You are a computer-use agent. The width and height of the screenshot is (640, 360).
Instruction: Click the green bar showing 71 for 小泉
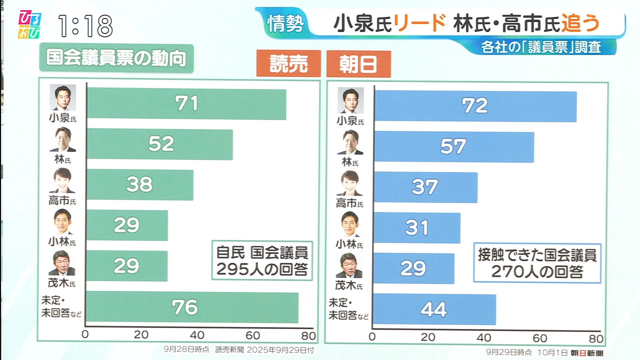pyautogui.click(x=186, y=104)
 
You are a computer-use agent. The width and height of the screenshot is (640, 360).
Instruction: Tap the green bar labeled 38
pyautogui.click(x=140, y=184)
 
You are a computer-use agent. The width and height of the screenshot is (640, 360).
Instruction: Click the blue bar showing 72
pyautogui.click(x=475, y=106)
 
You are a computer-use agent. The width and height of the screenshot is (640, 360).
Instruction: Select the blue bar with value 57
pyautogui.click(x=454, y=146)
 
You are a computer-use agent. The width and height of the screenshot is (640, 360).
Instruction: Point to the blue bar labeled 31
pyautogui.click(x=417, y=227)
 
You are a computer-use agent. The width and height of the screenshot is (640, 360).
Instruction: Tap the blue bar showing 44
pyautogui.click(x=434, y=309)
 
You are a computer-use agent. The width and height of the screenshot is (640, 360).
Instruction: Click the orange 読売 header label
pyautogui.click(x=288, y=64)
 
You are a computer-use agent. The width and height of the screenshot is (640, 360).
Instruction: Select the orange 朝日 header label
pyautogui.click(x=358, y=64)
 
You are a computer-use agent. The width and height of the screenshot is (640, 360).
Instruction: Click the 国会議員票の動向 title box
pyautogui.click(x=116, y=58)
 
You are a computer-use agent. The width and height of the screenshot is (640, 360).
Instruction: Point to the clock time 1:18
pyautogui.click(x=85, y=25)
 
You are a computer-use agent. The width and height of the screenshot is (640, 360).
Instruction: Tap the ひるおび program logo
pyautogui.click(x=29, y=24)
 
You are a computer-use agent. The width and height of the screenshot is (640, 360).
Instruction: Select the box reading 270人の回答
pyautogui.click(x=536, y=263)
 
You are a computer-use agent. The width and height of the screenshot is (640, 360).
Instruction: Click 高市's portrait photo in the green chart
pyautogui.click(x=62, y=181)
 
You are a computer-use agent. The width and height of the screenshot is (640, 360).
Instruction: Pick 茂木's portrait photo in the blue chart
pyautogui.click(x=349, y=265)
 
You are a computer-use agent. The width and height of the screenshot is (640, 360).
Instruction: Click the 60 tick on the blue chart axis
pyautogui.click(x=538, y=336)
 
